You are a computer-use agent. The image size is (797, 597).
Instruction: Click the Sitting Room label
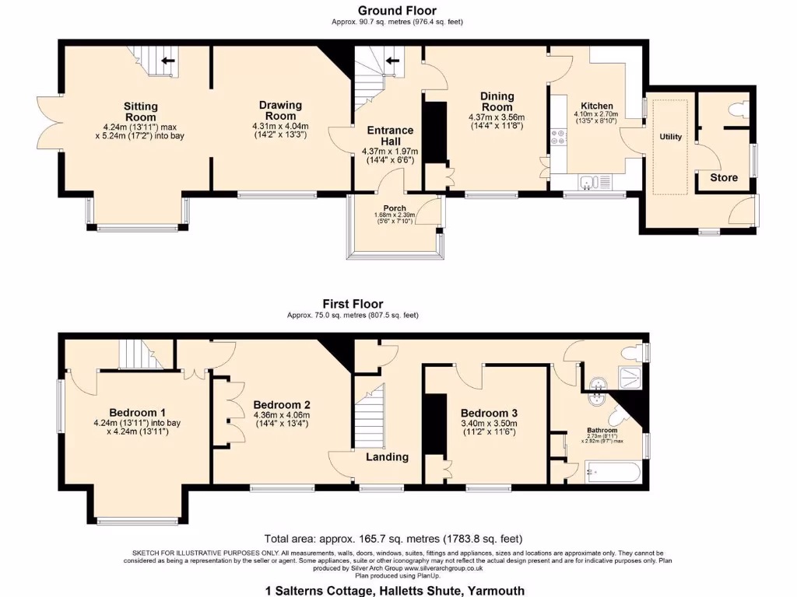click(141, 112)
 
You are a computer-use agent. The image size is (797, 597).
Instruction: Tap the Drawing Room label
click(280, 110)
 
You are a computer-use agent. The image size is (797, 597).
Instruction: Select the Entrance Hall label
click(390, 136)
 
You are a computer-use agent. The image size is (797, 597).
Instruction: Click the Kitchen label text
click(597, 106)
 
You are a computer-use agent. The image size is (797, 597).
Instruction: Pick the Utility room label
click(670, 137)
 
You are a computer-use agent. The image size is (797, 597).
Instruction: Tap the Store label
click(723, 177)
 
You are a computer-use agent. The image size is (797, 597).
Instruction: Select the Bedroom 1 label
click(137, 412)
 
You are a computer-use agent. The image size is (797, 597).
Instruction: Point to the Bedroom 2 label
click(282, 405)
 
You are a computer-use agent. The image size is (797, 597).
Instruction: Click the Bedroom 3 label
click(489, 413)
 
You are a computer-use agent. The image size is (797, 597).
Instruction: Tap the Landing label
click(387, 457)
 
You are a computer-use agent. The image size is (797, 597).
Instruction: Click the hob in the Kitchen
click(558, 138)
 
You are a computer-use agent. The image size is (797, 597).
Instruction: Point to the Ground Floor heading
click(397, 10)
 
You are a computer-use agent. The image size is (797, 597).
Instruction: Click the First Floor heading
click(353, 304)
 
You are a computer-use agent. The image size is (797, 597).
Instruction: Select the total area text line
click(393, 539)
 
